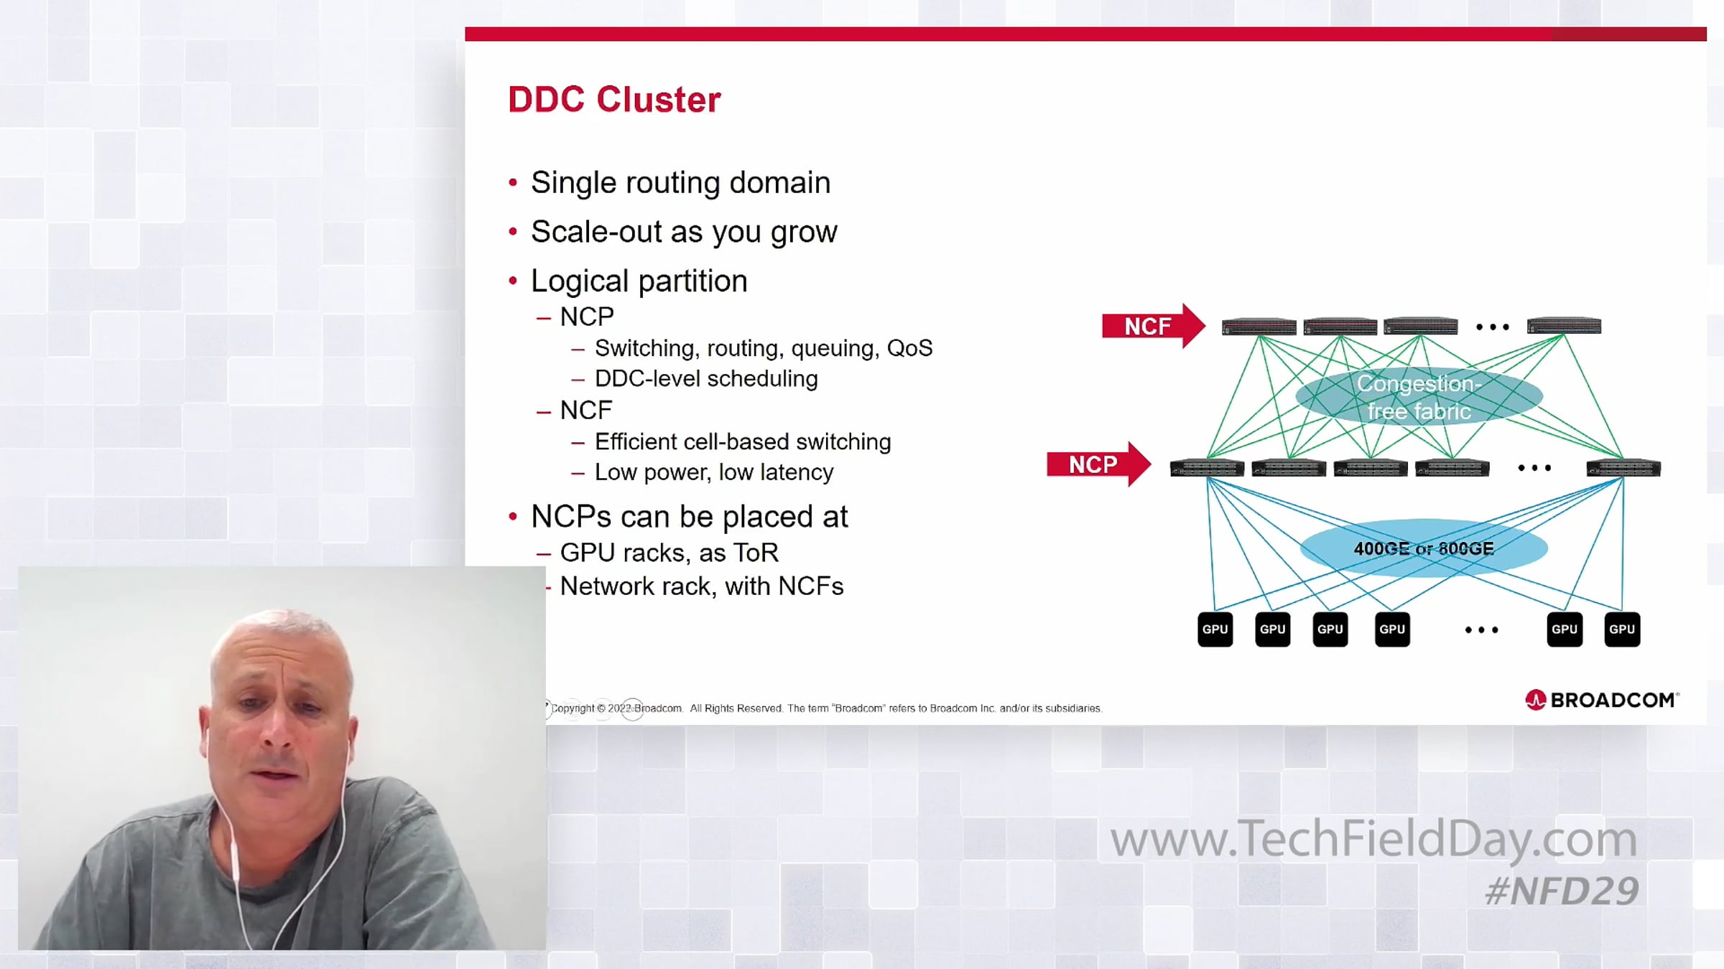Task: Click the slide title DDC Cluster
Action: [614, 99]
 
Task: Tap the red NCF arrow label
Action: [1153, 327]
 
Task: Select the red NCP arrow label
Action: [1098, 464]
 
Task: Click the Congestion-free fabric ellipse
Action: [1419, 397]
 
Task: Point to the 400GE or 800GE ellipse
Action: [1424, 548]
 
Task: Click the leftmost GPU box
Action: [1215, 629]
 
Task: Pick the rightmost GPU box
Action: [1622, 629]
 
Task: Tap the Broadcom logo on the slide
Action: [1602, 700]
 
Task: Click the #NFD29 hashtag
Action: [1562, 891]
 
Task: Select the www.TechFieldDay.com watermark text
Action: [1373, 839]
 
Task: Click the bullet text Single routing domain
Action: [680, 183]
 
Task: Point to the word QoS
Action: [909, 348]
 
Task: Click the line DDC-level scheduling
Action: [706, 378]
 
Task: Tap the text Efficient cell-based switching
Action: [743, 441]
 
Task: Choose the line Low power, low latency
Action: [714, 472]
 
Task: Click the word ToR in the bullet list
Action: [756, 553]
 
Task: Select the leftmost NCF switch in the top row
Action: [1259, 327]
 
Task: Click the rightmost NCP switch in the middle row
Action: [1623, 469]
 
